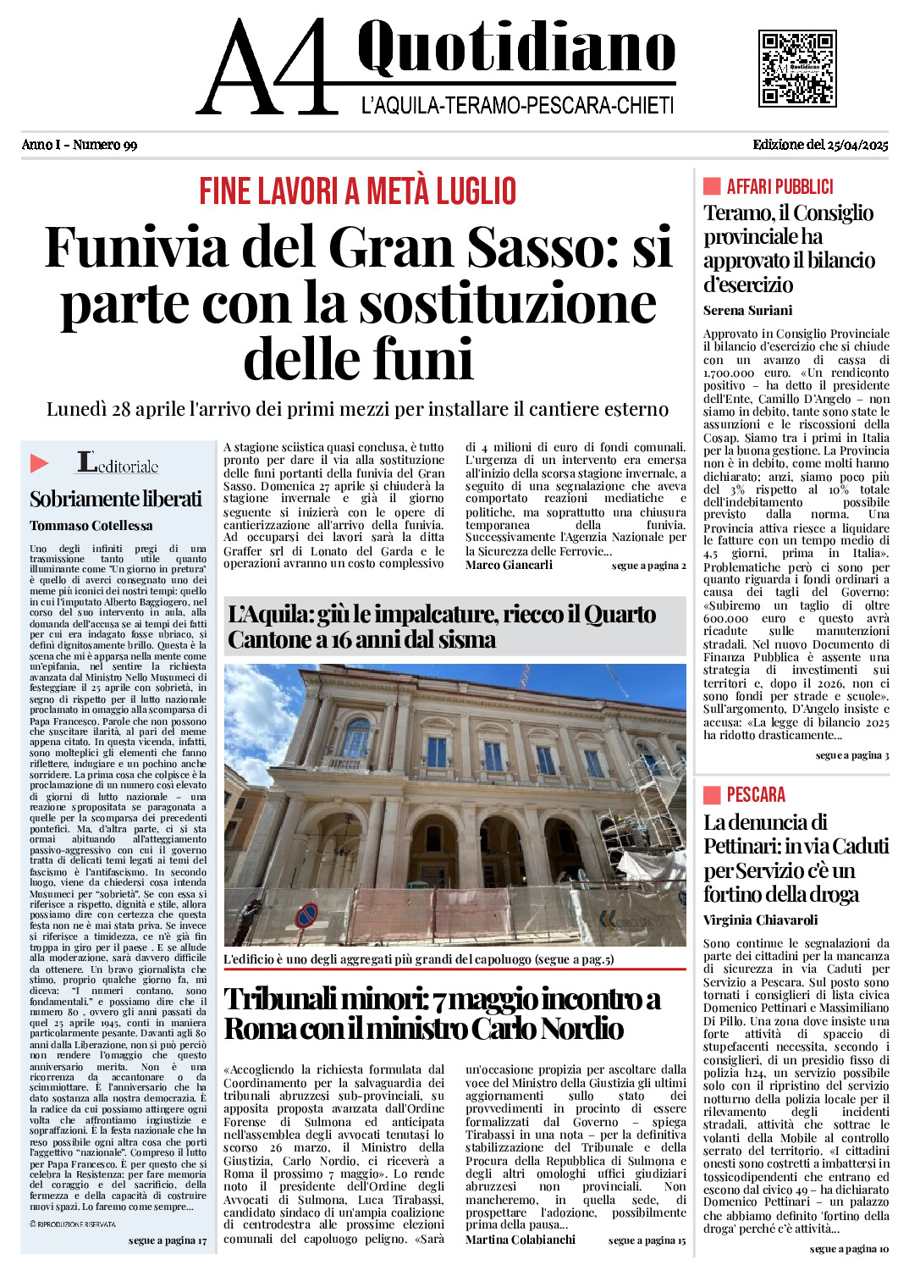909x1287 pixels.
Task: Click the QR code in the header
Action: pyautogui.click(x=797, y=69)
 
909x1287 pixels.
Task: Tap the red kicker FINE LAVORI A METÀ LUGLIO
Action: pyautogui.click(x=357, y=191)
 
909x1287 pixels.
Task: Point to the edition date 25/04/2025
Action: pyautogui.click(x=820, y=145)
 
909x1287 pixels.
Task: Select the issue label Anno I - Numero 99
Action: pyautogui.click(x=80, y=145)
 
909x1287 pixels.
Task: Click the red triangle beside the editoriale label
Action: pyautogui.click(x=39, y=463)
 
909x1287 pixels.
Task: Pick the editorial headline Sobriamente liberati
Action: pyautogui.click(x=116, y=499)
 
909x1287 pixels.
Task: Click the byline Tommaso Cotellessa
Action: pyautogui.click(x=91, y=526)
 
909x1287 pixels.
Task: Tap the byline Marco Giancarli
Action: pyautogui.click(x=509, y=565)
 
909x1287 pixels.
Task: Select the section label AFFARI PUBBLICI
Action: pyautogui.click(x=780, y=187)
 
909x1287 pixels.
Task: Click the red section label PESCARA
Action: pyautogui.click(x=756, y=795)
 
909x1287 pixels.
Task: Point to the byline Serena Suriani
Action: pyautogui.click(x=747, y=311)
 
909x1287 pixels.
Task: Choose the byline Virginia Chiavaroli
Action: pyautogui.click(x=760, y=920)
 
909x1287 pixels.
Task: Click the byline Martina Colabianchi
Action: pyautogui.click(x=520, y=1240)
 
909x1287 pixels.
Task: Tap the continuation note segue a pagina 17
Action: pyautogui.click(x=168, y=1240)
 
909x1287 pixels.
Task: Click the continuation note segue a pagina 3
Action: pyautogui.click(x=851, y=755)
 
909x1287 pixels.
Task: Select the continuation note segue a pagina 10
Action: pyautogui.click(x=849, y=1249)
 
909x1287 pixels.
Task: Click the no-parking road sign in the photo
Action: pyautogui.click(x=306, y=914)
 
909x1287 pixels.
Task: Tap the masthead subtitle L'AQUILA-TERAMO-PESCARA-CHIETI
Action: pyautogui.click(x=517, y=106)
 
